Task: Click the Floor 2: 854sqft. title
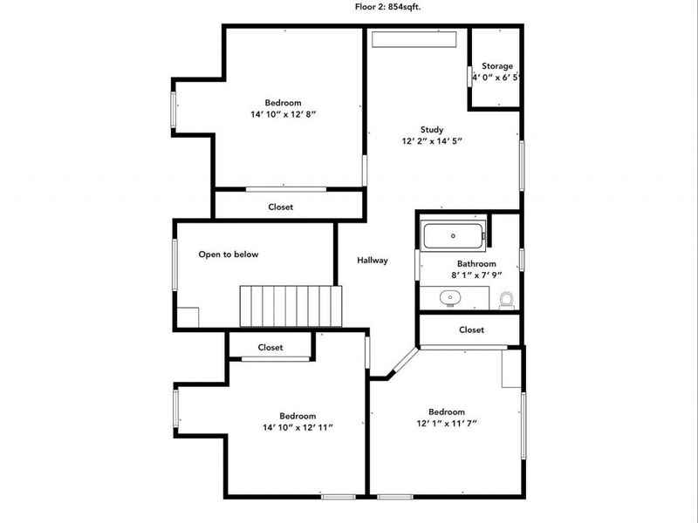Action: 387,7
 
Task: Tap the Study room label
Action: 432,129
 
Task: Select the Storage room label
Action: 497,66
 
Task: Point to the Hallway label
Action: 373,260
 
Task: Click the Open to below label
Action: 229,255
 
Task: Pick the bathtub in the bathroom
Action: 453,236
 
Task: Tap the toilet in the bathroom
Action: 506,301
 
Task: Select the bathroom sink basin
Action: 450,297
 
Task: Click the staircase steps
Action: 291,307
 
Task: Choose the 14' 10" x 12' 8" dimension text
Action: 283,114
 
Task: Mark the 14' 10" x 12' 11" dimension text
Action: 298,428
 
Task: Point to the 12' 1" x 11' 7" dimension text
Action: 447,424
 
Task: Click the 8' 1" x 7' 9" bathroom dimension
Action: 476,275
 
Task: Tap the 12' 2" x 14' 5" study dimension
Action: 432,141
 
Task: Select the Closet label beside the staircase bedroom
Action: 270,347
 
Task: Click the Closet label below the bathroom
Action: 471,330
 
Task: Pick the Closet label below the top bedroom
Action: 280,207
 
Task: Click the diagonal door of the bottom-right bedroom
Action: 405,359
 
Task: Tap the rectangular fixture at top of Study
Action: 414,38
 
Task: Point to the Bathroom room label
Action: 476,264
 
